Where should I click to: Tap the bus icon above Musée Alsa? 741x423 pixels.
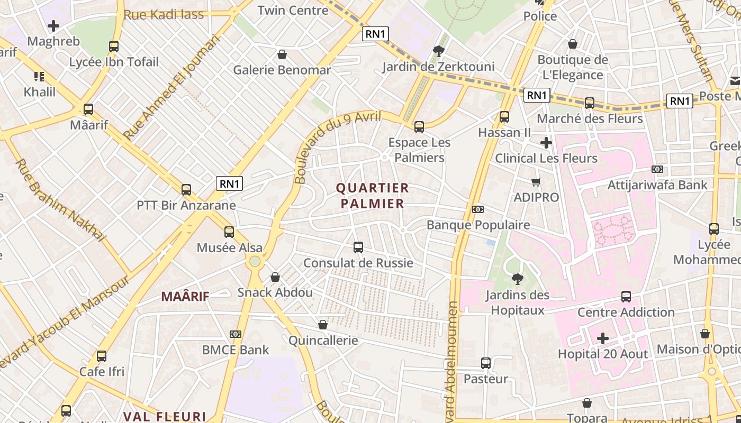tap(229, 232)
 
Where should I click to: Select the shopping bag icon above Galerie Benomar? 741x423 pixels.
tap(282, 54)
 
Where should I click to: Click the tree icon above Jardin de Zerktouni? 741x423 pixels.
tap(438, 51)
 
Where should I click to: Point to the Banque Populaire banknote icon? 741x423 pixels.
tap(478, 209)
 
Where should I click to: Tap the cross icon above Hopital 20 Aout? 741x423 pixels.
tap(603, 338)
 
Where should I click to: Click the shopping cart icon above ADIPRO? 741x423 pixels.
tap(536, 182)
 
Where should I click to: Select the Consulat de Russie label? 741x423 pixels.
tap(358, 263)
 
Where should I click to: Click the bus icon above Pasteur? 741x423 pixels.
tap(486, 363)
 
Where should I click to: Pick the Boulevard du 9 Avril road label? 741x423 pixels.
tap(338, 147)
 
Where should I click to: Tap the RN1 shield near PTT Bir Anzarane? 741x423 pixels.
tap(229, 183)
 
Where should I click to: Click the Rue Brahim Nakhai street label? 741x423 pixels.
tap(60, 200)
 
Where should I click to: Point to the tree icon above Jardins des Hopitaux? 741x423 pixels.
tap(517, 279)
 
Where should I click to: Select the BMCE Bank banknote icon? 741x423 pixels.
tap(236, 334)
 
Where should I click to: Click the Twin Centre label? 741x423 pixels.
tap(293, 10)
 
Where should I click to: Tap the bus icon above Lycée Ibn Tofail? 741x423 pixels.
tap(114, 47)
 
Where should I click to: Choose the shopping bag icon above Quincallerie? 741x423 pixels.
tap(323, 325)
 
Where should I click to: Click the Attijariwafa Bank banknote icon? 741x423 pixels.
tap(657, 169)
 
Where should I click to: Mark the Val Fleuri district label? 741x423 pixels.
tap(165, 416)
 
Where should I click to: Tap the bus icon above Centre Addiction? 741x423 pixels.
tap(626, 297)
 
